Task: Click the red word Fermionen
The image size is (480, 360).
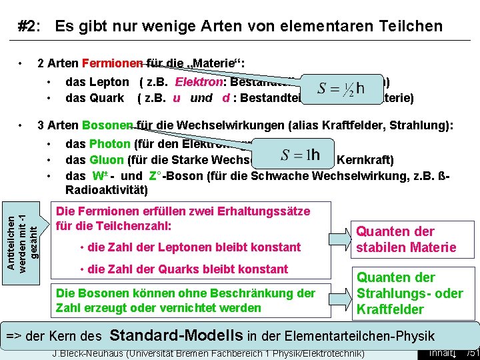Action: (x=112, y=64)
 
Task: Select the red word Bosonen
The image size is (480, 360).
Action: (x=108, y=125)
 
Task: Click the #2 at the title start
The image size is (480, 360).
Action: (x=29, y=27)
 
